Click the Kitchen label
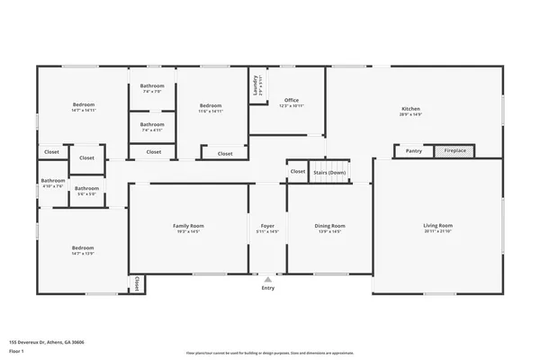tap(409, 108)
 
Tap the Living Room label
tap(437, 225)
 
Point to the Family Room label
tap(188, 225)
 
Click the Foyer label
tap(267, 225)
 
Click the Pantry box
tap(413, 151)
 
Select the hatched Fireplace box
tap(457, 151)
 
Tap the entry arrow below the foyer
tap(268, 278)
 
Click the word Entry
tap(268, 288)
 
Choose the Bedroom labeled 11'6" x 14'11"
tap(210, 105)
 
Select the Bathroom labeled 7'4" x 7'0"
tap(152, 88)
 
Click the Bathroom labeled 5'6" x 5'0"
tap(86, 189)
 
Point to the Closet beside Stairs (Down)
tap(297, 171)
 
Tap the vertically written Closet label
tap(137, 283)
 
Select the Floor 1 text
tap(17, 350)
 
